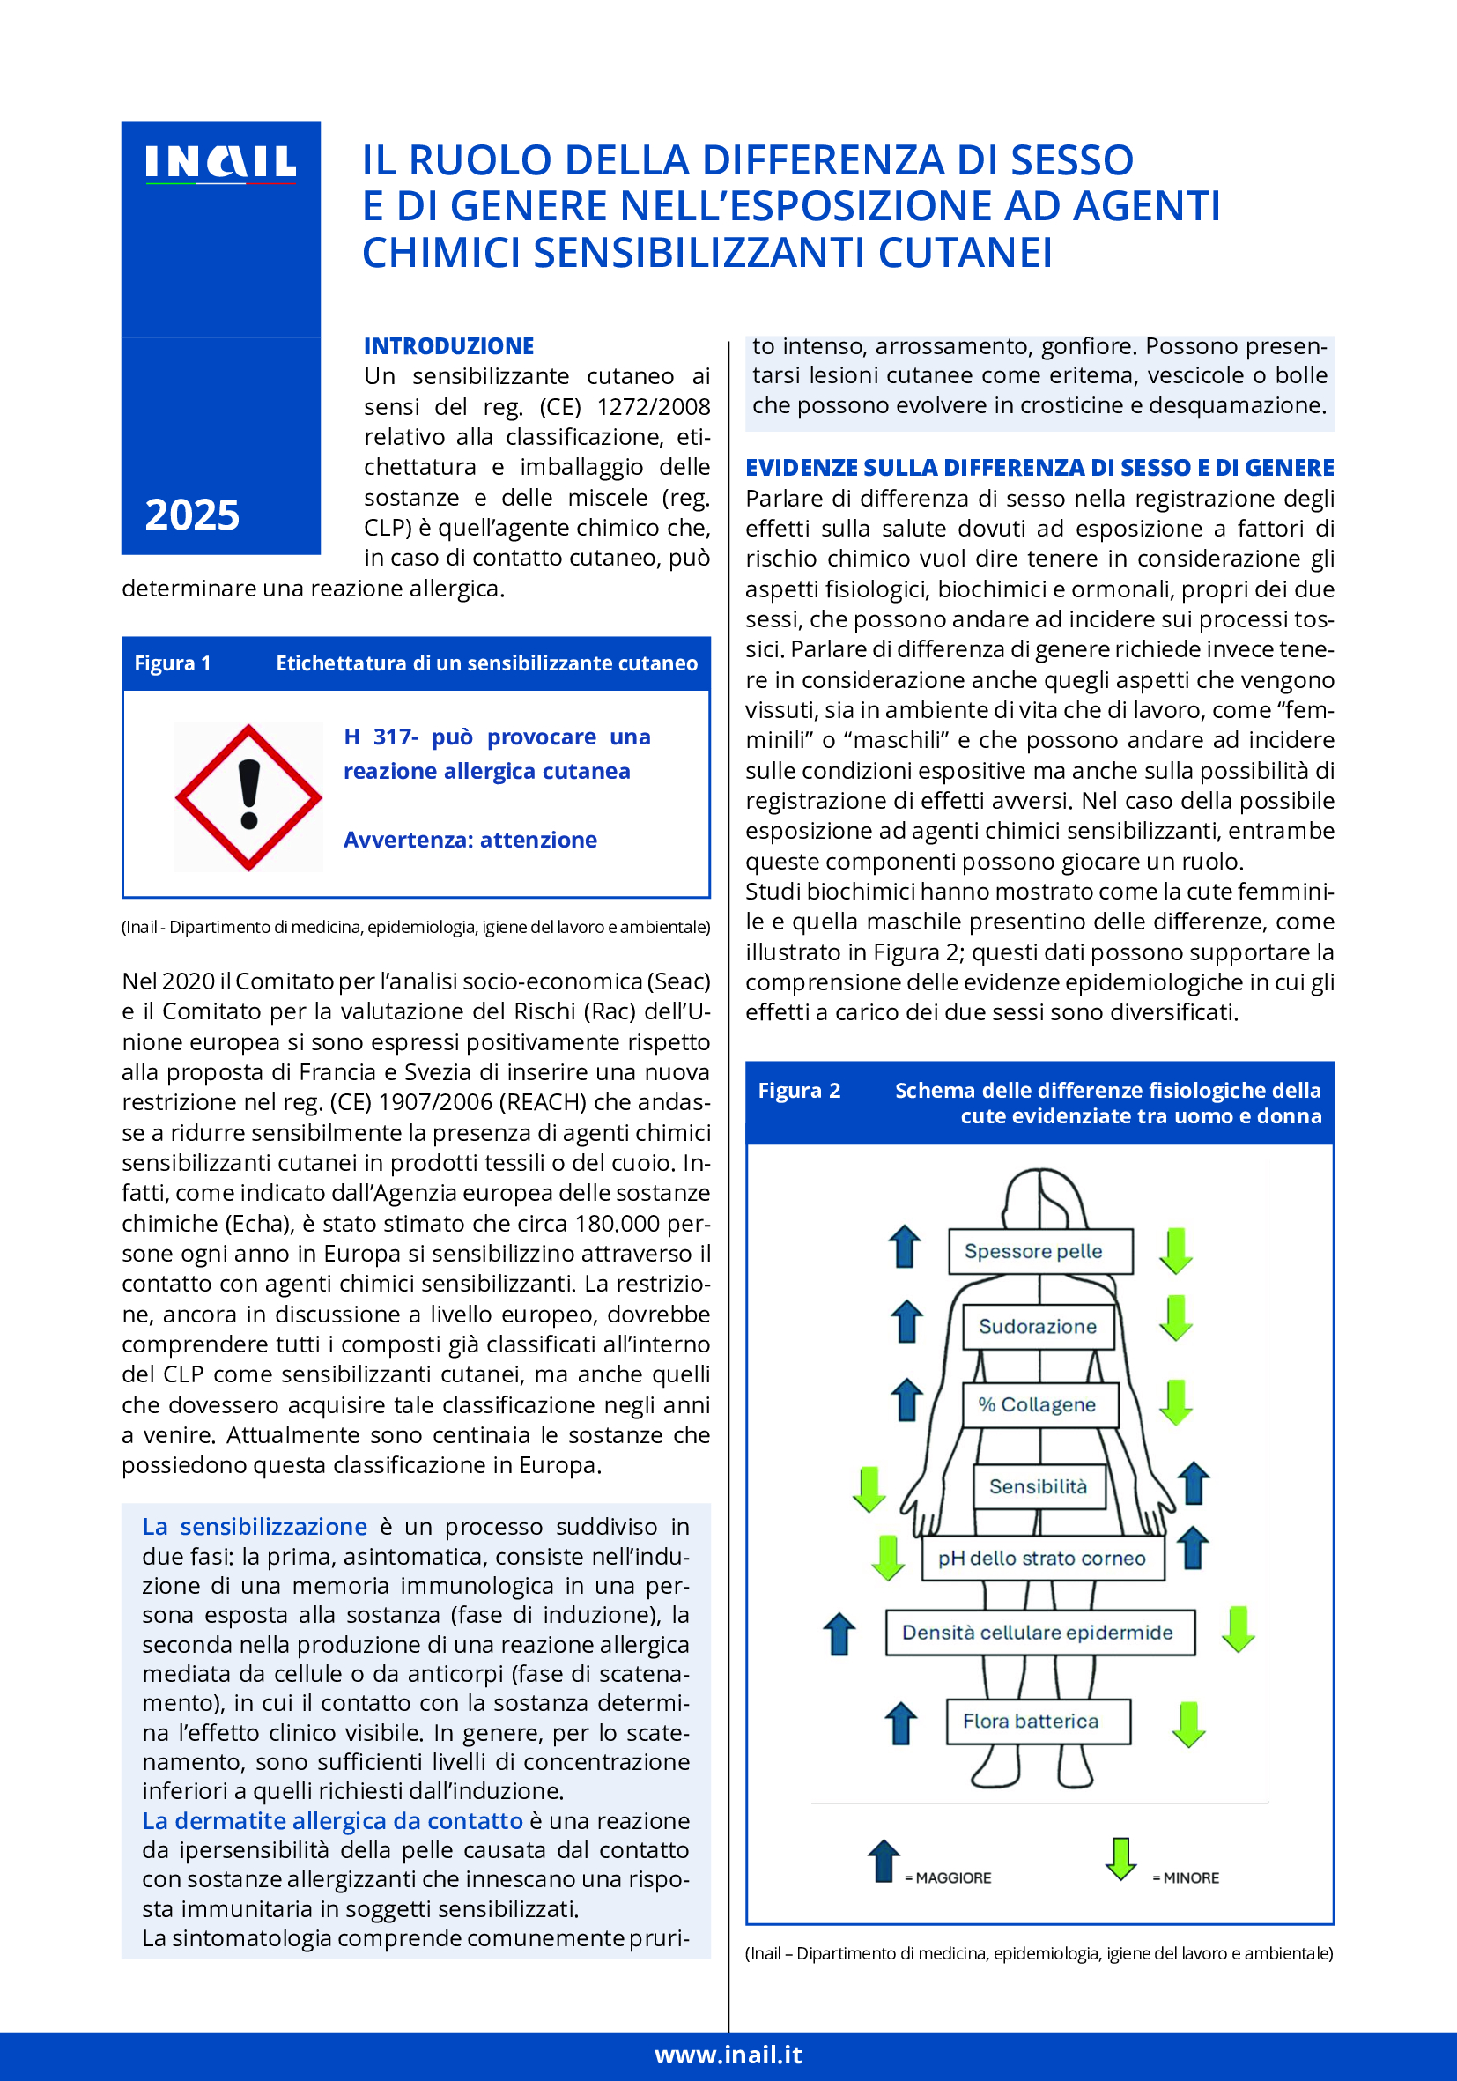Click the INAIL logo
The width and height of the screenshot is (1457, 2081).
220,164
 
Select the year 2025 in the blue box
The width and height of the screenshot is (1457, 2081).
192,515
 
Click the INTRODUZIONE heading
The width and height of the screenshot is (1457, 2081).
448,346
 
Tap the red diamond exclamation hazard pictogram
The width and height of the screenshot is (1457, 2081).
248,796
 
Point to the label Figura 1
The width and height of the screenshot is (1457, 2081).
172,663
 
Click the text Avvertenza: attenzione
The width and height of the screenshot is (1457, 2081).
470,841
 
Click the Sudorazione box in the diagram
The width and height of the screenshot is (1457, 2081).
1039,1327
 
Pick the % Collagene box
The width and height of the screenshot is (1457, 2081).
1039,1405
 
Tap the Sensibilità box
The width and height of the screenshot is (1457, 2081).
1039,1486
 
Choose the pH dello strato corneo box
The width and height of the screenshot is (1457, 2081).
1042,1558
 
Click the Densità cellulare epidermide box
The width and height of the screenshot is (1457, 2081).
1039,1633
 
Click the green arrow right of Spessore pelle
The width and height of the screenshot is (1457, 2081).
1175,1251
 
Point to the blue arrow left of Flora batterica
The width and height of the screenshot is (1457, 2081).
900,1722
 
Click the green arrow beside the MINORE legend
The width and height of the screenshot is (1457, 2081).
1120,1859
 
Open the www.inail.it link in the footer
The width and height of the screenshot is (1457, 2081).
728,2055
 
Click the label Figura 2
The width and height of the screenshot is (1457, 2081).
799,1091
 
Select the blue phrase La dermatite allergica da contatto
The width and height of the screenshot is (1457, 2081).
332,1821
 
